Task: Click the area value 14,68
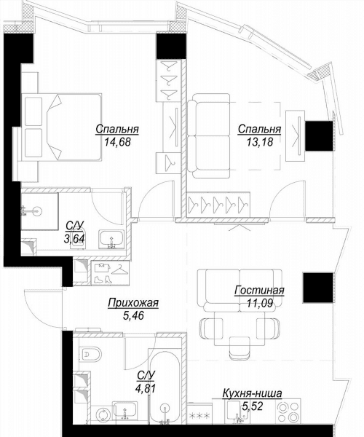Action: [117, 142]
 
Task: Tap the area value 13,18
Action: [259, 142]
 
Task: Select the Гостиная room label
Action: [259, 290]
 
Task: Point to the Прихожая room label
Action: [133, 303]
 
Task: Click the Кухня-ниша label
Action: [252, 393]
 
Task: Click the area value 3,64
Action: [74, 239]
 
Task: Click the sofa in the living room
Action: [240, 290]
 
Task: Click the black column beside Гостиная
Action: [318, 288]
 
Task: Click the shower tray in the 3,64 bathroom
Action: [39, 211]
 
